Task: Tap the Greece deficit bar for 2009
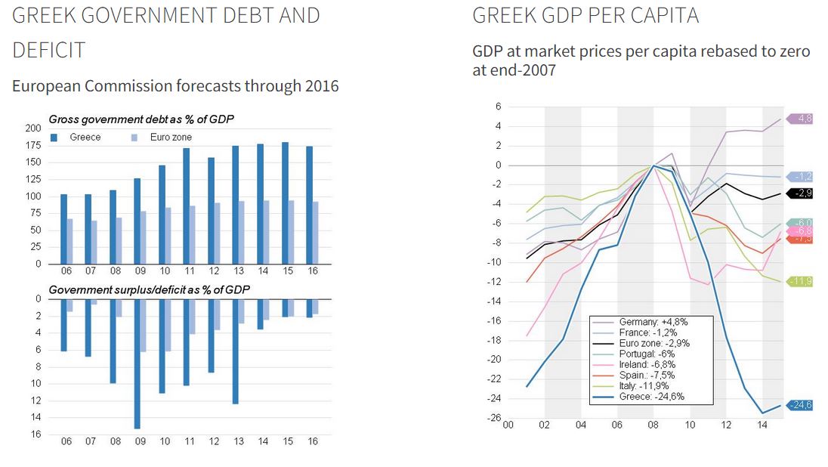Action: [137, 363]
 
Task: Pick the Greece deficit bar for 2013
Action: [235, 351]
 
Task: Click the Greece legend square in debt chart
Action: [54, 138]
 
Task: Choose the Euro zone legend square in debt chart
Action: [134, 138]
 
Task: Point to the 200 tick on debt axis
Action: [32, 128]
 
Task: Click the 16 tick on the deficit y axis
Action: [36, 435]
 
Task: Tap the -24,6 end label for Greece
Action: [802, 405]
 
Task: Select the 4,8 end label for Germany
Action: [804, 119]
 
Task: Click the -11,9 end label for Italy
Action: [802, 281]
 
